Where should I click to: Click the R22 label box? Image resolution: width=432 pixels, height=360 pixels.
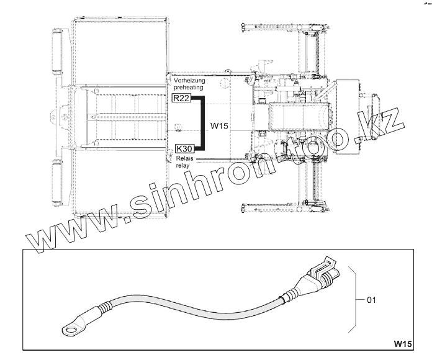pyautogui.click(x=181, y=98)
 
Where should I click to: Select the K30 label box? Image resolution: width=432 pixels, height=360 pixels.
pyautogui.click(x=184, y=149)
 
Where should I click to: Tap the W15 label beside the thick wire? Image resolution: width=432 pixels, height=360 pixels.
pyautogui.click(x=220, y=126)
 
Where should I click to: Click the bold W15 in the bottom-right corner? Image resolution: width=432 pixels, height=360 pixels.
pyautogui.click(x=403, y=344)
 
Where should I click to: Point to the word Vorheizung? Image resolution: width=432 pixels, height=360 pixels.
pyautogui.click(x=189, y=81)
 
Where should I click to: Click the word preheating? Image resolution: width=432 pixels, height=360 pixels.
pyautogui.click(x=189, y=88)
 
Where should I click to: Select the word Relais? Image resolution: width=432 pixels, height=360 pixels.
pyautogui.click(x=184, y=159)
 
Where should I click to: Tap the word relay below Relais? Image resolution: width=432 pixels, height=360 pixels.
pyautogui.click(x=182, y=166)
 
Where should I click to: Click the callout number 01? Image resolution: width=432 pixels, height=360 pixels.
pyautogui.click(x=371, y=300)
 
